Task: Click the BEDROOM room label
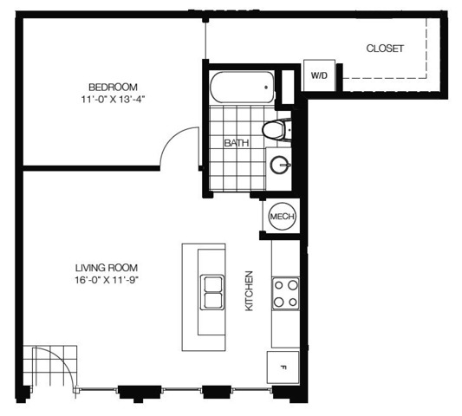point(113,88)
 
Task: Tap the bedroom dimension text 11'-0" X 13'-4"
point(114,100)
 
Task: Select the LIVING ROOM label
point(107,268)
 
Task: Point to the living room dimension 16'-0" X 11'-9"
point(107,280)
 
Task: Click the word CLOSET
point(385,49)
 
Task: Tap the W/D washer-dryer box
point(319,75)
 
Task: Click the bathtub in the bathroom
point(242,88)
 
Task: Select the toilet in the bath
point(277,130)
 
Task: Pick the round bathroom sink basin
point(280,165)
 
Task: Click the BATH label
point(237,143)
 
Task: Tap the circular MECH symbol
point(282,217)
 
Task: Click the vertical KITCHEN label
point(250,291)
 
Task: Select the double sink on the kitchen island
point(211,292)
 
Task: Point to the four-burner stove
point(286,294)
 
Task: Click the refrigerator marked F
point(283,367)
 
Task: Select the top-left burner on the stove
point(279,285)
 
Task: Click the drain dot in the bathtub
point(266,88)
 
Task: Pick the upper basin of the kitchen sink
point(211,283)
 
